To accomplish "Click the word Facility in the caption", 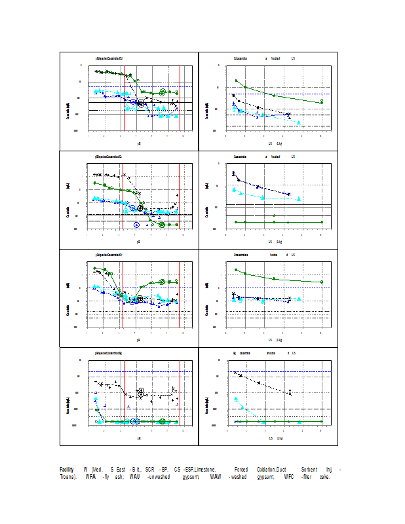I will point(66,470).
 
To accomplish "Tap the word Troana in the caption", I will point(67,476).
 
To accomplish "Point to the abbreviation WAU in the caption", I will point(134,476).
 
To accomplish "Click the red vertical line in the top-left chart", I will point(180,98).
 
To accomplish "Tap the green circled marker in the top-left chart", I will point(162,92).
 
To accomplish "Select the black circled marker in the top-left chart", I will point(141,103).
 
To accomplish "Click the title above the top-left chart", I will point(109,58).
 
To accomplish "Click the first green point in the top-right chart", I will point(236,81).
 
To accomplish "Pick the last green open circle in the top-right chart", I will point(321,102).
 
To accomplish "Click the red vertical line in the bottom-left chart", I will point(180,393).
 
